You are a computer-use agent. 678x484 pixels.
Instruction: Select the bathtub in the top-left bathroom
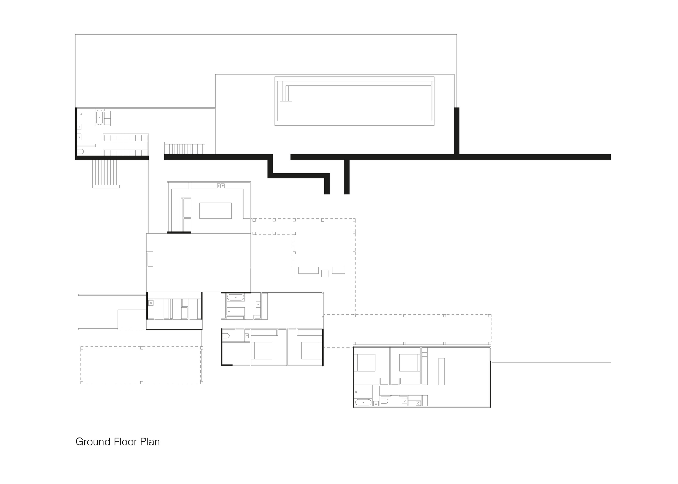coord(99,117)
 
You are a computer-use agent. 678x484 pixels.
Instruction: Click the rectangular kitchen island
coord(215,211)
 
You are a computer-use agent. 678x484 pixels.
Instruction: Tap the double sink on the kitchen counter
coord(221,186)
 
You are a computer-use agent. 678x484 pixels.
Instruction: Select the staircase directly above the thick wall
coord(185,148)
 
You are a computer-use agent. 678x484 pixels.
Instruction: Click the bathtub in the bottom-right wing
coord(363,402)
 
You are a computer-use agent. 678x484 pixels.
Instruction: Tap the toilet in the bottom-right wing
coord(384,402)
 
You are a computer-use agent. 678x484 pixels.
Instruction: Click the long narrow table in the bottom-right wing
coord(441,372)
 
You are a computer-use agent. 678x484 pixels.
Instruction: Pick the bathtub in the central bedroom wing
coord(235,298)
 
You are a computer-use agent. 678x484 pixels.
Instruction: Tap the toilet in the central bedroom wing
coord(226,336)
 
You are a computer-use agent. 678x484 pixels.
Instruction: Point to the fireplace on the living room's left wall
coord(150,260)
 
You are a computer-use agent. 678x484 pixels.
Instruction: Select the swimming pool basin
coord(354,101)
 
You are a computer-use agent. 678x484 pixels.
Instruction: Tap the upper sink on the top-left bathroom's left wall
coord(79,127)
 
